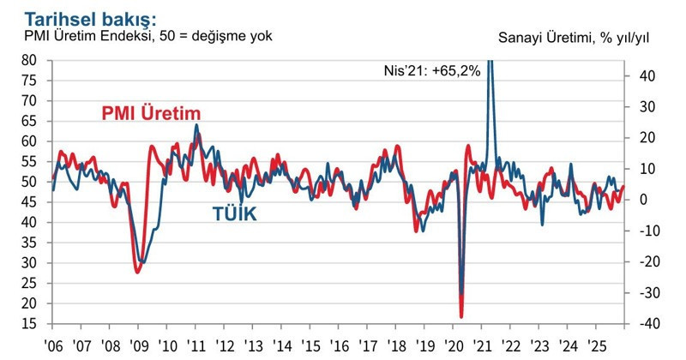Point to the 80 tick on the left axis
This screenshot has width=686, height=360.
(x=29, y=60)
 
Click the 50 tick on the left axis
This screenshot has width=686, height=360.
(x=29, y=182)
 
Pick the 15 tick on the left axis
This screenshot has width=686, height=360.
(x=29, y=324)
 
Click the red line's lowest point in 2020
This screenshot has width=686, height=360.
(x=461, y=316)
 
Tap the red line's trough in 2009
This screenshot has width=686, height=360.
(x=137, y=272)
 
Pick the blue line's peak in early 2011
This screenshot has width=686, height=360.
(x=196, y=125)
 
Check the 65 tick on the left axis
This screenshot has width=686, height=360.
(x=29, y=121)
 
